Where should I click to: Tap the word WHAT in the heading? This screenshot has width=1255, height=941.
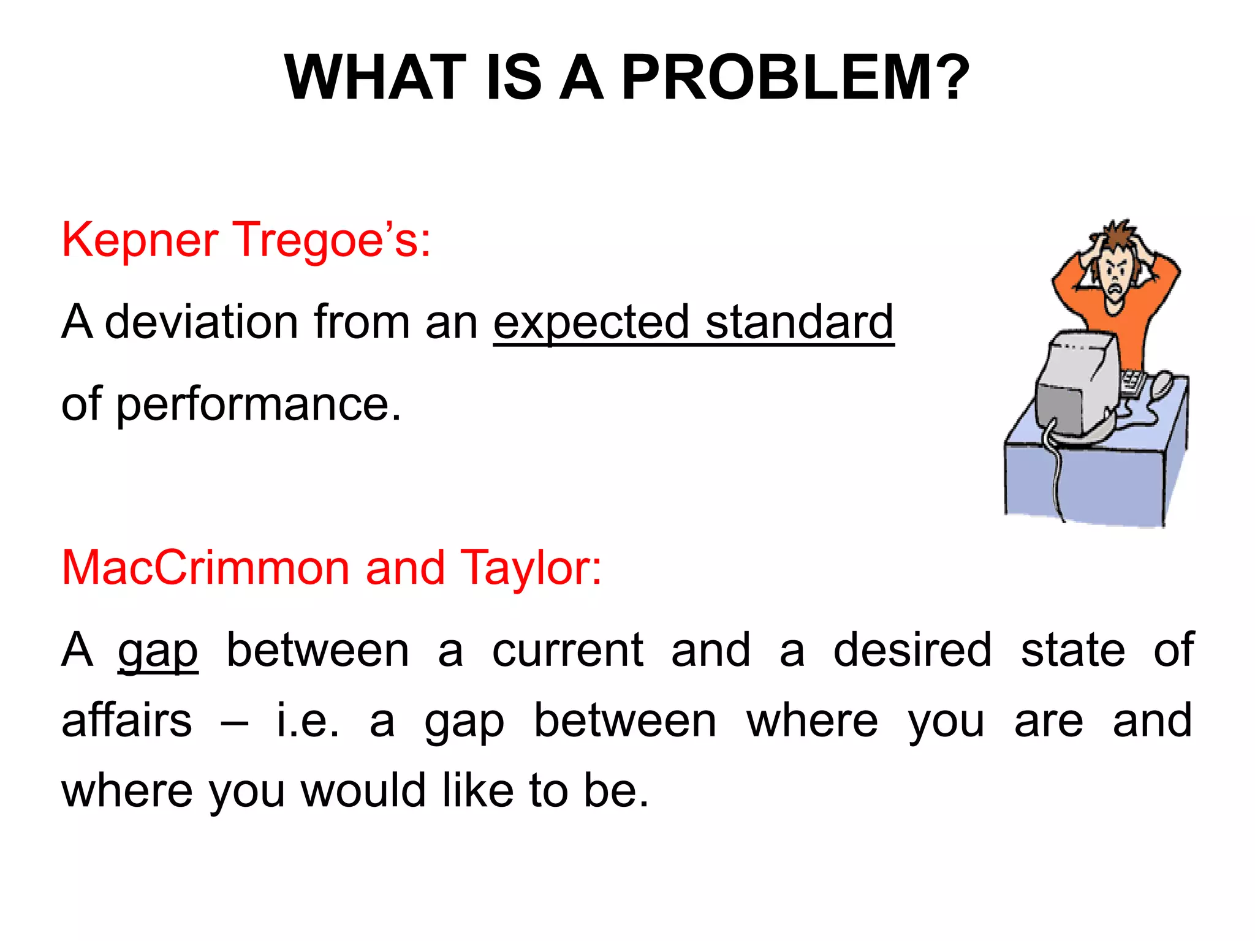(375, 78)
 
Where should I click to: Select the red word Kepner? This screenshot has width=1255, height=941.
(140, 241)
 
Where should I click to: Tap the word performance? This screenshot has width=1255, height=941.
(258, 406)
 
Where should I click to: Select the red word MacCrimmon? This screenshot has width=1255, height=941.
(205, 568)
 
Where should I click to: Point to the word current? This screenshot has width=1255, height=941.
(567, 651)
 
